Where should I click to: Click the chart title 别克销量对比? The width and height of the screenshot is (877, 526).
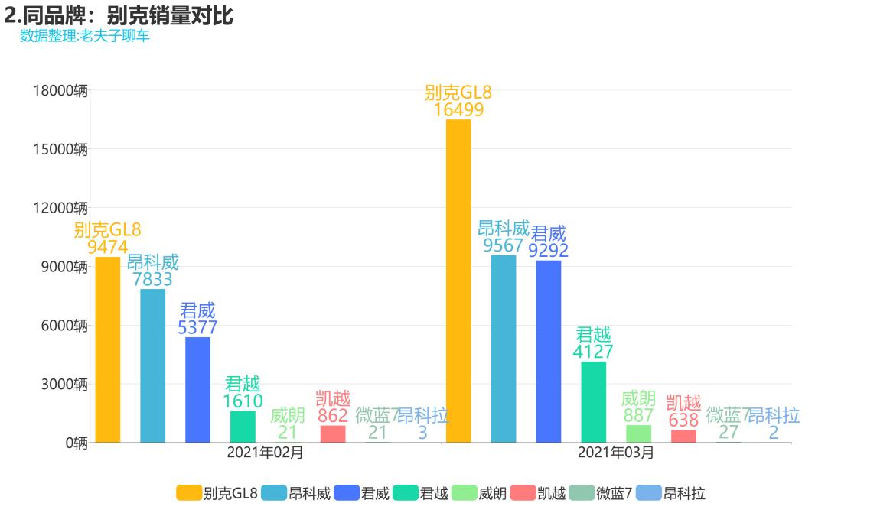click(119, 15)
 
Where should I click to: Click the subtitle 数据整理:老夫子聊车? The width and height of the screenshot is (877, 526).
click(85, 36)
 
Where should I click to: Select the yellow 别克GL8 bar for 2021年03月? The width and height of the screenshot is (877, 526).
click(458, 281)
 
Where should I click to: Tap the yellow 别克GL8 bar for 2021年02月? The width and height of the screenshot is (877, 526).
click(107, 349)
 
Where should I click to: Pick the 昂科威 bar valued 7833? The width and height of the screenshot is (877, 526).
click(152, 365)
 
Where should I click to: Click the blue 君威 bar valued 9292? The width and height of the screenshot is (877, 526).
click(549, 351)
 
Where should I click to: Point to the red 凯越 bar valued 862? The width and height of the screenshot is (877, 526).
click(333, 433)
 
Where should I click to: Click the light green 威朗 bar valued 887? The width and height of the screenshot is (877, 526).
click(638, 433)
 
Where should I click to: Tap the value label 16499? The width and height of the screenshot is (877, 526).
click(458, 109)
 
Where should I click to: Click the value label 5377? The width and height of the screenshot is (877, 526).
click(197, 328)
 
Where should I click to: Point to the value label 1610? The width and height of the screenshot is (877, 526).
click(243, 401)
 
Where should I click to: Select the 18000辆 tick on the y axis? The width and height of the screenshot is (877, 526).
click(60, 90)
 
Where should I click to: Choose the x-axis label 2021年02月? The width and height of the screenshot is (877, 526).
click(265, 453)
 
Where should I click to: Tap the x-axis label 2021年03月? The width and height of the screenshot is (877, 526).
click(616, 453)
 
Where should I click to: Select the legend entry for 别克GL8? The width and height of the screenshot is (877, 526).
click(217, 493)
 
